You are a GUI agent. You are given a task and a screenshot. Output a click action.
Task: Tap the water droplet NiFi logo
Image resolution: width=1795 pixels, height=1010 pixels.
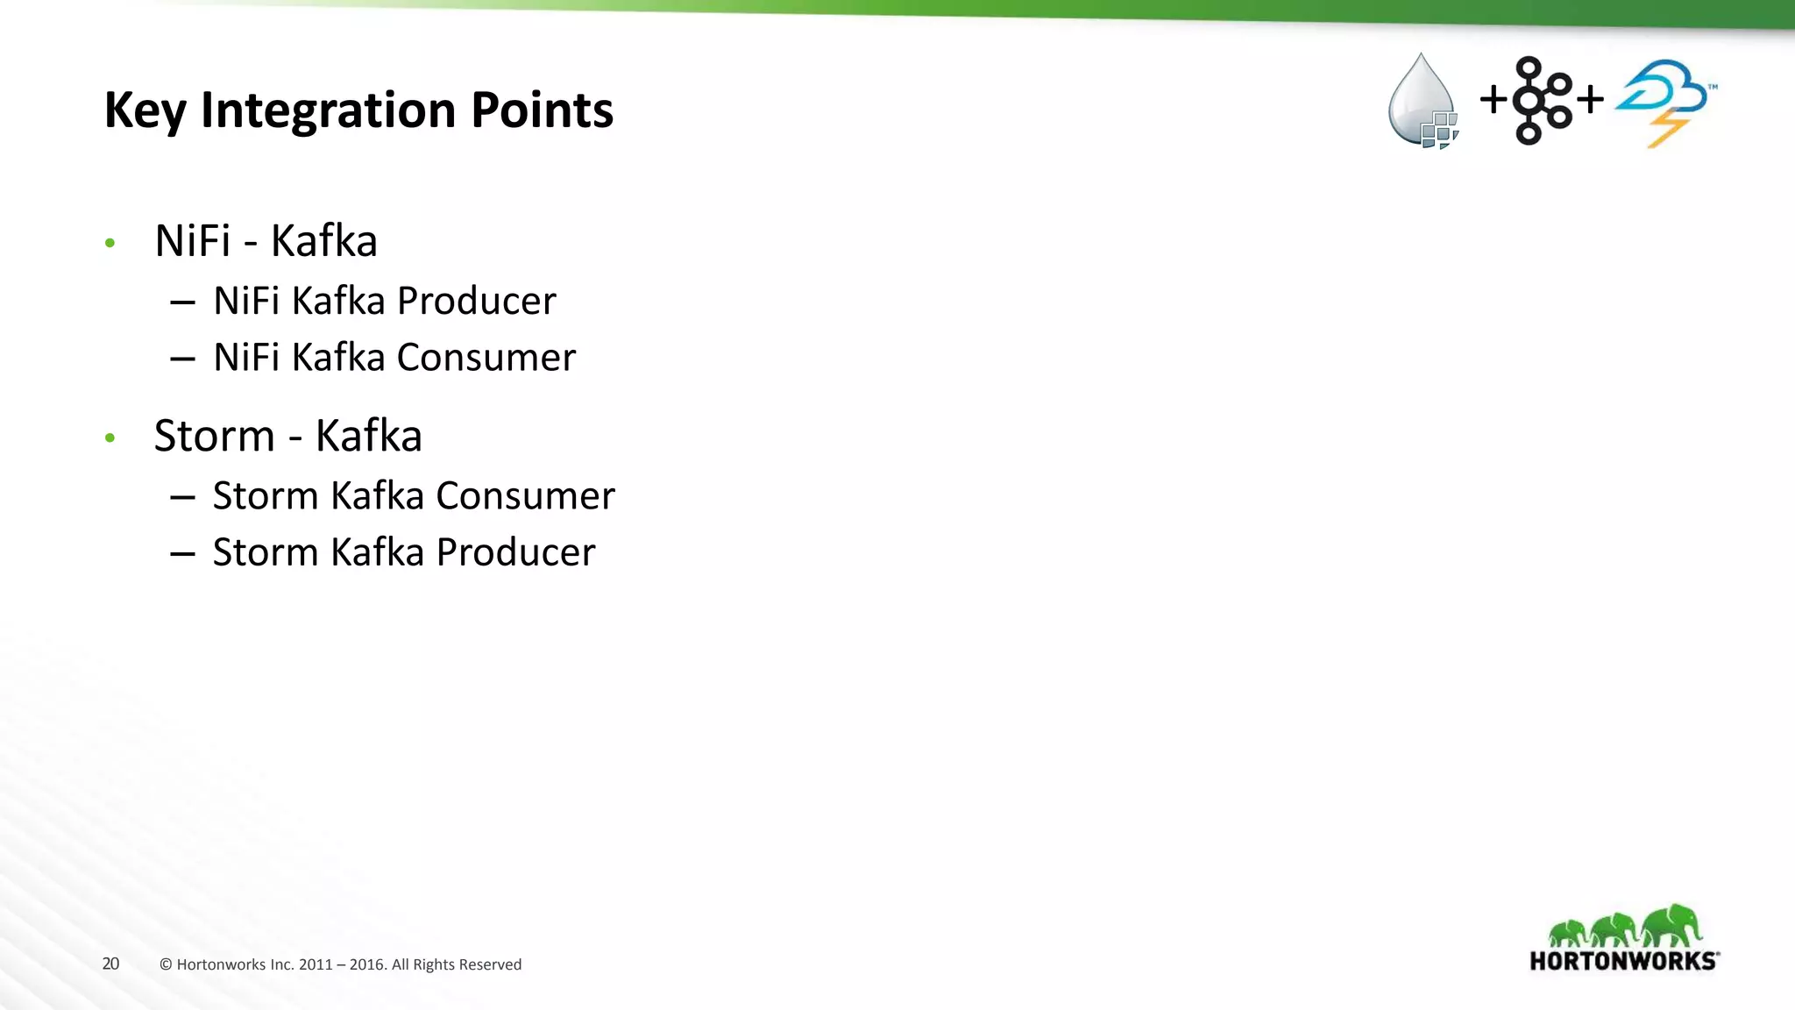pos(1421,101)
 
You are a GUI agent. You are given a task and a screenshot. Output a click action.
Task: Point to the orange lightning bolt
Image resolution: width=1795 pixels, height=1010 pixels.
pos(1668,132)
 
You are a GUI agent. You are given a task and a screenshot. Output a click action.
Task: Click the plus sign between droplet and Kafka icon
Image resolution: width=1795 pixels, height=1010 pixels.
pos(1493,99)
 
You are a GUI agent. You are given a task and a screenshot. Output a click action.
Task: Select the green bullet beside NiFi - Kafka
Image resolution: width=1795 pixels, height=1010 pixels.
pos(110,243)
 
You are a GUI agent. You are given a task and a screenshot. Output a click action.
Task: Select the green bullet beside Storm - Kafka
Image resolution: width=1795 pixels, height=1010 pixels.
pos(110,437)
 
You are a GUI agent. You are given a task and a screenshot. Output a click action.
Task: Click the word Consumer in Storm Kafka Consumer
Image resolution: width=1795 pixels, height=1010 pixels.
pos(525,496)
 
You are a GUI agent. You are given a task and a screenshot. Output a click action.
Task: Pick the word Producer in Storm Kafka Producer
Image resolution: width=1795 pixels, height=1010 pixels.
pos(515,552)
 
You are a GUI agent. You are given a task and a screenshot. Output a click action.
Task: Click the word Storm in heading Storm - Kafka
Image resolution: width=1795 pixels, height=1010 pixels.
pos(215,436)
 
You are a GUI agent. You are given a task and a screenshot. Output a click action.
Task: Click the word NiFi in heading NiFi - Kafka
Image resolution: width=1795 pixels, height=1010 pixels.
pos(193,241)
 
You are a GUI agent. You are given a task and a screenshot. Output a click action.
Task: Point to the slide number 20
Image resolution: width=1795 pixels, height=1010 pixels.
pos(110,964)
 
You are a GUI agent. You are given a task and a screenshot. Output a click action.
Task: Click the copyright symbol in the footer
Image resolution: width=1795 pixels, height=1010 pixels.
pos(166,964)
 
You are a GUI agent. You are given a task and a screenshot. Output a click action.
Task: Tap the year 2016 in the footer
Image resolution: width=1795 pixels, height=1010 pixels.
pos(367,964)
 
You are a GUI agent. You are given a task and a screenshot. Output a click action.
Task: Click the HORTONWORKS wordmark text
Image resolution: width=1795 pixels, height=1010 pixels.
pos(1622,961)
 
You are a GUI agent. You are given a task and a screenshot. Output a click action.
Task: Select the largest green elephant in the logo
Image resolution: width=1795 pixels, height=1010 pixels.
pos(1672,926)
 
